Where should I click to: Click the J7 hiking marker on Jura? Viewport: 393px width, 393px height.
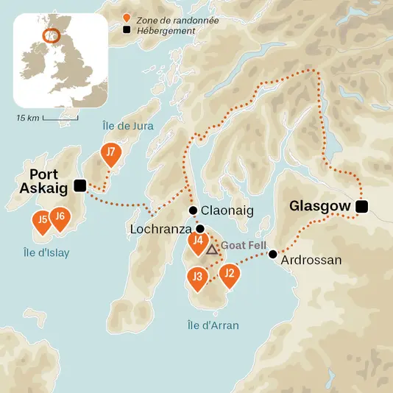point(110,155)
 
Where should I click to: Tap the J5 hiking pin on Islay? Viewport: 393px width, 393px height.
point(43,220)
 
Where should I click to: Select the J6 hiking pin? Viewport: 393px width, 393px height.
point(62,218)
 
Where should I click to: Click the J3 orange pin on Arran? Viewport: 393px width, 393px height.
point(196,278)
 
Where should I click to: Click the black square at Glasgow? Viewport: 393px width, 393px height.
point(361,207)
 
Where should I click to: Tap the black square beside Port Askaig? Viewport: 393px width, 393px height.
point(80,185)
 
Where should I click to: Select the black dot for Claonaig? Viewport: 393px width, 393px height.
point(193,210)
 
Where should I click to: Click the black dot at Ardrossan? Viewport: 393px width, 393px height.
point(272,254)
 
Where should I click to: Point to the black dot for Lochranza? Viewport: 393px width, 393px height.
point(199,229)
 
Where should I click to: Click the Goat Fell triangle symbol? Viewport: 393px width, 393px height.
point(212,250)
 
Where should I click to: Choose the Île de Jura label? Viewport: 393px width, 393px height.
point(128,126)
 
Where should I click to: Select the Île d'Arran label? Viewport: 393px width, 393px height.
point(213,325)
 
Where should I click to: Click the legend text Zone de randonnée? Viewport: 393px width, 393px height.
point(172,20)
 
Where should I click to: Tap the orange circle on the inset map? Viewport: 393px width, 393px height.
point(51,35)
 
